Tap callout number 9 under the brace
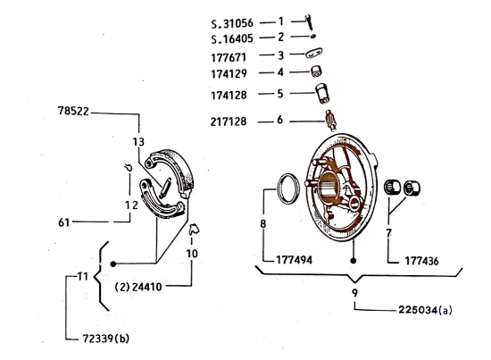tap(354, 290)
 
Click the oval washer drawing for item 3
tap(314, 54)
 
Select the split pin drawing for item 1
tap(308, 21)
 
